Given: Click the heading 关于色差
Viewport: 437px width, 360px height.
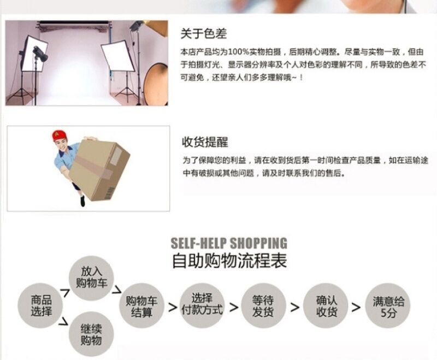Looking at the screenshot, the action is (203, 33).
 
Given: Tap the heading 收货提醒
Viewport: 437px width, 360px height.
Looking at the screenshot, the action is (205, 142).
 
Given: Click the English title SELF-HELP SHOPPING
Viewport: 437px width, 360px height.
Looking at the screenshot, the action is (229, 243).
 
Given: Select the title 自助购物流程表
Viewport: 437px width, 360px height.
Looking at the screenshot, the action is (229, 261).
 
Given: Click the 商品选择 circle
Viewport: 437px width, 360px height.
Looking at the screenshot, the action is (40, 306).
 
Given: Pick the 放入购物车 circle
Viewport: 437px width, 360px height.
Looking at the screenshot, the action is (91, 279).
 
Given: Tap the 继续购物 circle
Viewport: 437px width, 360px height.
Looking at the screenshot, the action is (91, 334).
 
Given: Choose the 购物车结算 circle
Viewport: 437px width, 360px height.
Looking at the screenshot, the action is (141, 306).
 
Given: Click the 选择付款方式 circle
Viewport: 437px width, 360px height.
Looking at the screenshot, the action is (202, 306).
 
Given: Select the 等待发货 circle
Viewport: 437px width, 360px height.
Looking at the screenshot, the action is (263, 306).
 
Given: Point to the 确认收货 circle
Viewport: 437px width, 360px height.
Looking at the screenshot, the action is (326, 306).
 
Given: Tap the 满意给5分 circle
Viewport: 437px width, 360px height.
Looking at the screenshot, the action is (388, 306).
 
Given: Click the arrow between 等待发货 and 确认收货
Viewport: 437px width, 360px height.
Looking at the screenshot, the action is (295, 308).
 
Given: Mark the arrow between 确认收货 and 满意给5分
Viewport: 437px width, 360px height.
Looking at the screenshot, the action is (356, 308).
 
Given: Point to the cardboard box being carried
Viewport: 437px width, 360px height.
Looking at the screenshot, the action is (99, 169).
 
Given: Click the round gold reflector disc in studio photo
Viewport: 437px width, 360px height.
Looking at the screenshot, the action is (156, 84).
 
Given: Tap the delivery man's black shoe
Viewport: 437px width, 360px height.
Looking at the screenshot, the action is (82, 201).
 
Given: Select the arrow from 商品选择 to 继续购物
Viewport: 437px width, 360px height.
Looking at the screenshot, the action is (64, 321).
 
